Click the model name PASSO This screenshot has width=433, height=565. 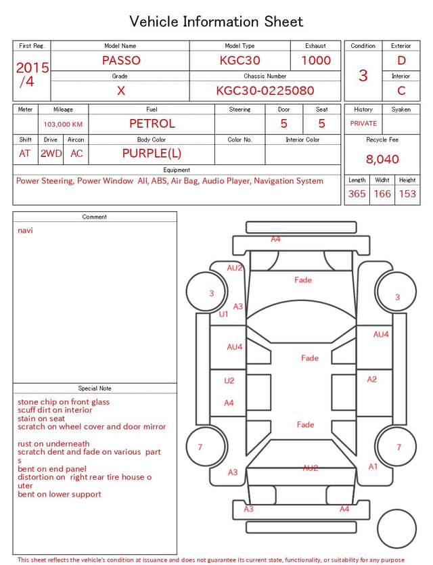[121, 60]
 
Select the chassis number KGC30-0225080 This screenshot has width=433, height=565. [265, 91]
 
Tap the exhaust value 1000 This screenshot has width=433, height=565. [316, 60]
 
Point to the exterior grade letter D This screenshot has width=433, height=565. [401, 60]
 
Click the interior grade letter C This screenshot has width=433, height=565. [401, 91]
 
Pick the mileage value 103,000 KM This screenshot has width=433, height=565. [63, 125]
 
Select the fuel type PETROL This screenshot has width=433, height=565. [152, 124]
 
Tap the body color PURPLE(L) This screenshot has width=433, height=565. [152, 154]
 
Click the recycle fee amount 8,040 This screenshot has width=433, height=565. [382, 159]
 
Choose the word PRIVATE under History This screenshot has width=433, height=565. [363, 123]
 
